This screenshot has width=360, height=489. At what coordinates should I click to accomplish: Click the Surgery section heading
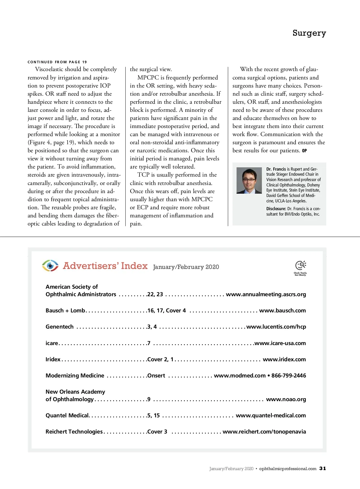309,33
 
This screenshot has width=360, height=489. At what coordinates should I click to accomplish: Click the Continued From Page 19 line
57,62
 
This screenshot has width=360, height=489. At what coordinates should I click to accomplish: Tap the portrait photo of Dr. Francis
249,180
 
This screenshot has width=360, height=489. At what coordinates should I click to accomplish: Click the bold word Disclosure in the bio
276,209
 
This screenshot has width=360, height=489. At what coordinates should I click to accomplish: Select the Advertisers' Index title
105,266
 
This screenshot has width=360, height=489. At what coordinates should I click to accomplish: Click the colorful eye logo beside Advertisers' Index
50,266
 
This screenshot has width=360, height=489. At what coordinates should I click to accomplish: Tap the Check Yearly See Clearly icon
300,268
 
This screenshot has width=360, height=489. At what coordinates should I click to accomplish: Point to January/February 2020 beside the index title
186,267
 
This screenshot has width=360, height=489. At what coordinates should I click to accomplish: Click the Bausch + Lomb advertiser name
65,311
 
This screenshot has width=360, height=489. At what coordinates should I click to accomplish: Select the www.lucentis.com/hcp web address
276,327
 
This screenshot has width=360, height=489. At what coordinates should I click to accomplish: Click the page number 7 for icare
149,343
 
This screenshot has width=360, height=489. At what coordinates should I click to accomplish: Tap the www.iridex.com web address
284,359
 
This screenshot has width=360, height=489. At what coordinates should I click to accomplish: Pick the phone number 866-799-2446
289,375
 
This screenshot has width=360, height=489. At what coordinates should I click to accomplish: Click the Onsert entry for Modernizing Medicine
156,375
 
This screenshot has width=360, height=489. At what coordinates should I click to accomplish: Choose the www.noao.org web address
286,399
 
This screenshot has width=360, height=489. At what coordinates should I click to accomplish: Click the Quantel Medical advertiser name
67,416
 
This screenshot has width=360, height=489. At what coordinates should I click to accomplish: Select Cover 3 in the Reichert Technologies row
157,432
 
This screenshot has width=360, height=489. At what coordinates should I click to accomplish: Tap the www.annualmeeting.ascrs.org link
266,294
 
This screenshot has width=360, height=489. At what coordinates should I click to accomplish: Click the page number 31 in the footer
322,468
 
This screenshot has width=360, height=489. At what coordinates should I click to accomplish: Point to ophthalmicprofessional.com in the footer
287,469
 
